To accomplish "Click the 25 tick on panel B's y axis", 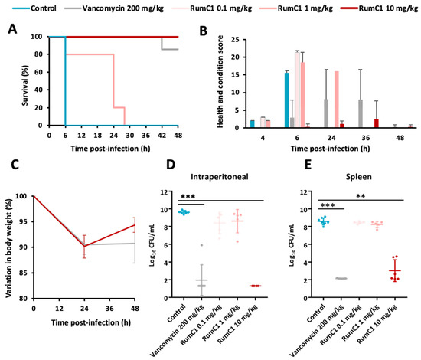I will point(244,37).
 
